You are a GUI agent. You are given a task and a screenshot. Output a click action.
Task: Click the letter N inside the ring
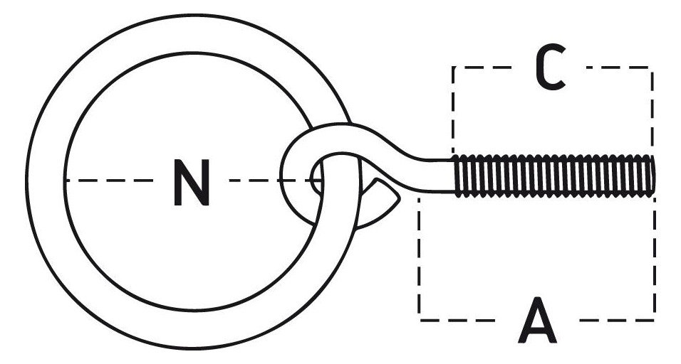[x=192, y=183]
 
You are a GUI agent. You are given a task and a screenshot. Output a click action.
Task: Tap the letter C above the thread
[x=550, y=67]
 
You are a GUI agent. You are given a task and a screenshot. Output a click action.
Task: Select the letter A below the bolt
[x=537, y=320]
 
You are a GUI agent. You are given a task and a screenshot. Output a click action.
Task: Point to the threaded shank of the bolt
[x=553, y=176]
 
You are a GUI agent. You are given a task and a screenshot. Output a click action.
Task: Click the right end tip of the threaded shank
[x=654, y=176]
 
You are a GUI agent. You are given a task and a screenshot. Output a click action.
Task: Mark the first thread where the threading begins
[x=457, y=176]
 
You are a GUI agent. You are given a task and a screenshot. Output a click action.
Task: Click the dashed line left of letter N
[x=109, y=181]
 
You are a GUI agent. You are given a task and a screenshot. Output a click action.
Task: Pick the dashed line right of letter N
[x=274, y=181]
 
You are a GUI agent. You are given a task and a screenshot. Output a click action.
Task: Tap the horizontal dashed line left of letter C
[x=482, y=68]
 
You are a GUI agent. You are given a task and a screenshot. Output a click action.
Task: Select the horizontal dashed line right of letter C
[x=618, y=68]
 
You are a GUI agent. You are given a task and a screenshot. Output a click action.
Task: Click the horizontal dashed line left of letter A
[x=457, y=320]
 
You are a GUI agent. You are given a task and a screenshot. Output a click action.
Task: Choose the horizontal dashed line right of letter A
[x=617, y=320]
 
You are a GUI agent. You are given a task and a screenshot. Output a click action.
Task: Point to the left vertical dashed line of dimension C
[x=453, y=110]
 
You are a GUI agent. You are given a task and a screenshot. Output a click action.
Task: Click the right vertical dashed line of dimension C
[x=652, y=110]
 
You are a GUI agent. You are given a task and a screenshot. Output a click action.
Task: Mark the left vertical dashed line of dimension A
[x=419, y=259]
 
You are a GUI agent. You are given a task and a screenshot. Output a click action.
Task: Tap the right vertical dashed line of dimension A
[x=655, y=259]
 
